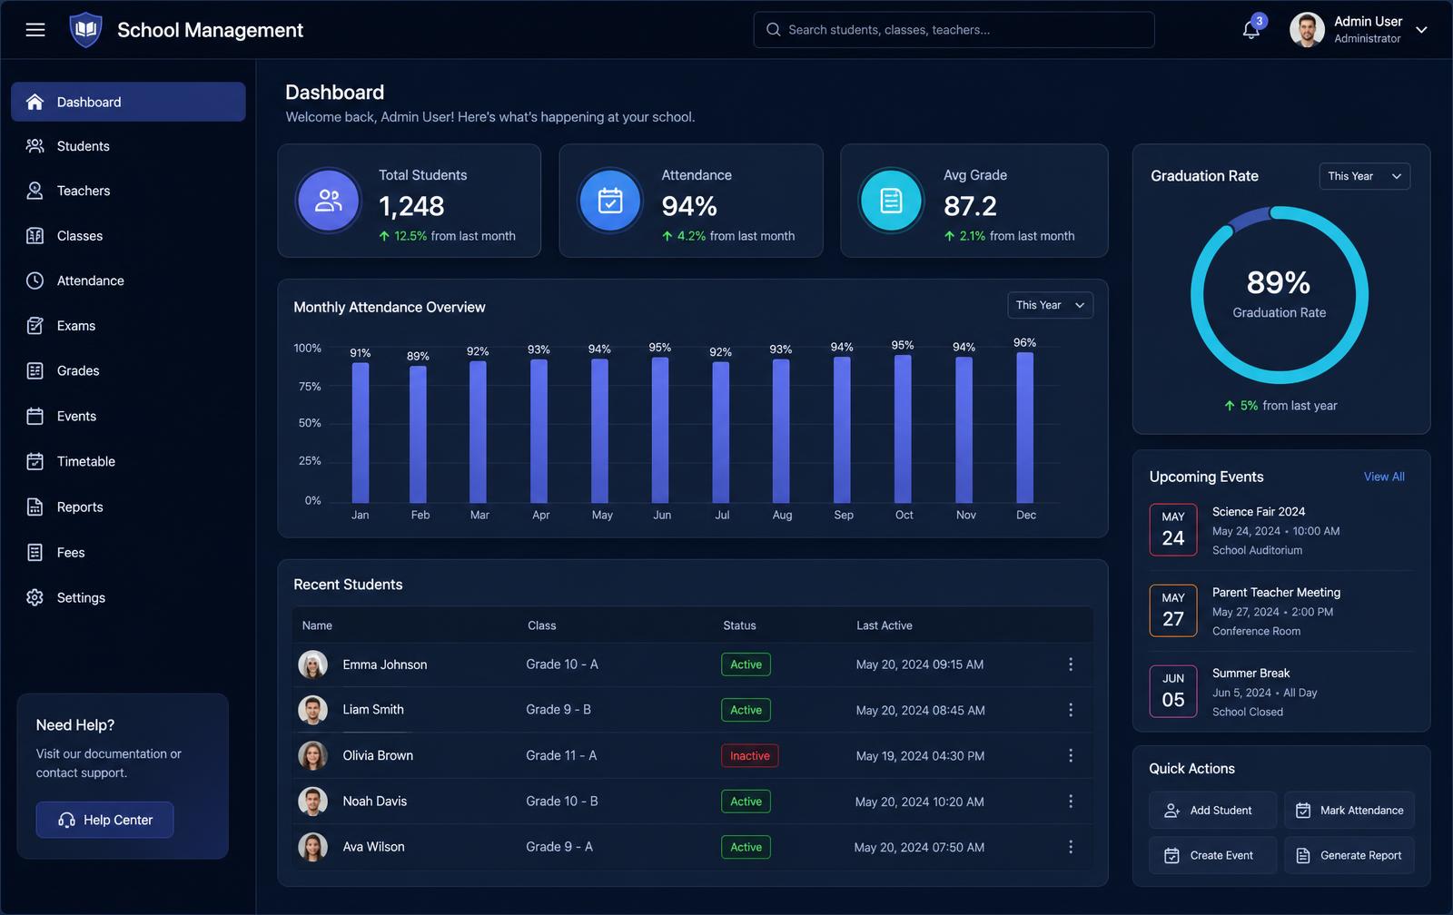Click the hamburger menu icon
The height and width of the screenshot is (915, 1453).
tap(35, 29)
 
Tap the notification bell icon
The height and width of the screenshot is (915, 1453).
tap(1250, 30)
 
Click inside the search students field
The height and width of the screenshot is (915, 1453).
tap(954, 29)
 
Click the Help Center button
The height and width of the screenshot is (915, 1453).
tap(105, 820)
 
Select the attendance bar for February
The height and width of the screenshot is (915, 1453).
tap(418, 435)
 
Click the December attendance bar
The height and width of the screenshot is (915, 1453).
tap(1025, 428)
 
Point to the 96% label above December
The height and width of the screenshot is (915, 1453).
tap(1025, 342)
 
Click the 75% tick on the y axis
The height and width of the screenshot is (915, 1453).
tap(310, 386)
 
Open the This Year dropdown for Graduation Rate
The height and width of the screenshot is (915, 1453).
tap(1364, 176)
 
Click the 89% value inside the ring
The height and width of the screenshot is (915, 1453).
tap(1279, 282)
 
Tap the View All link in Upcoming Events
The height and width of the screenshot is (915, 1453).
tap(1384, 477)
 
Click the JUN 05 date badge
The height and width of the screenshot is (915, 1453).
tap(1172, 691)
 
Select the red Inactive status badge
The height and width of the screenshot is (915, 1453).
tap(749, 755)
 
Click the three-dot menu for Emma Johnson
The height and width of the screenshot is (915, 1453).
tap(1071, 664)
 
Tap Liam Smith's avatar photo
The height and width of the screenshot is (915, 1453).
tap(312, 710)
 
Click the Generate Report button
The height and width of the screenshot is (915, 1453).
tap(1349, 855)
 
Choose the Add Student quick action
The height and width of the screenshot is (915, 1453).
tap(1212, 810)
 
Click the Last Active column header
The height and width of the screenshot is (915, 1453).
tap(885, 625)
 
